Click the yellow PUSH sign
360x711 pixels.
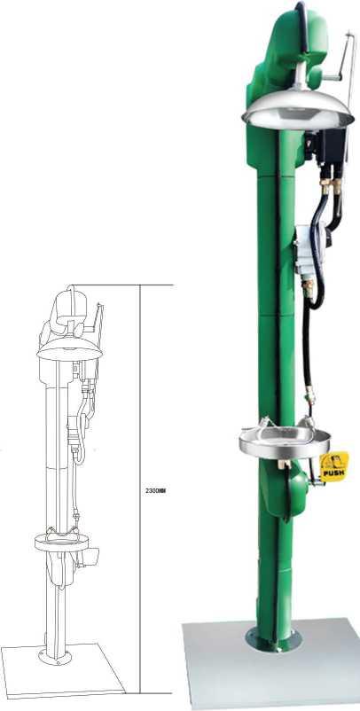coord(334,467)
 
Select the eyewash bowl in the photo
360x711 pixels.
coord(285,441)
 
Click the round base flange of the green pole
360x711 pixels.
coord(273,638)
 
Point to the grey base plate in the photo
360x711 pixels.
coord(270,661)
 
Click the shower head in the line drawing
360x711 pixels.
coord(70,350)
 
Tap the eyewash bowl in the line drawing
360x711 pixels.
coord(61,543)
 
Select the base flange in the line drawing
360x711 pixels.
coord(55,656)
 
